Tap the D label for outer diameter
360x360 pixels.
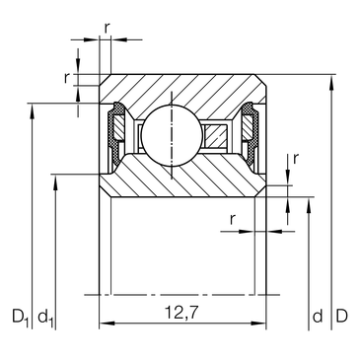click(341, 316)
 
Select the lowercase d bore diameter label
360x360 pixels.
click(318, 316)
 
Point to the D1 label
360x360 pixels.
click(21, 318)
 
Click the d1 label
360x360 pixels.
click(45, 318)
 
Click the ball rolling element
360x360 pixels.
click(172, 135)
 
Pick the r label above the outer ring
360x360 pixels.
click(107, 29)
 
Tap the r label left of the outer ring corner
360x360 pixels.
click(67, 78)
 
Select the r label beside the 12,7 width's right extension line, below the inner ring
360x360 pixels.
click(233, 219)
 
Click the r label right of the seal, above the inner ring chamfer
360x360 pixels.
click(296, 159)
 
